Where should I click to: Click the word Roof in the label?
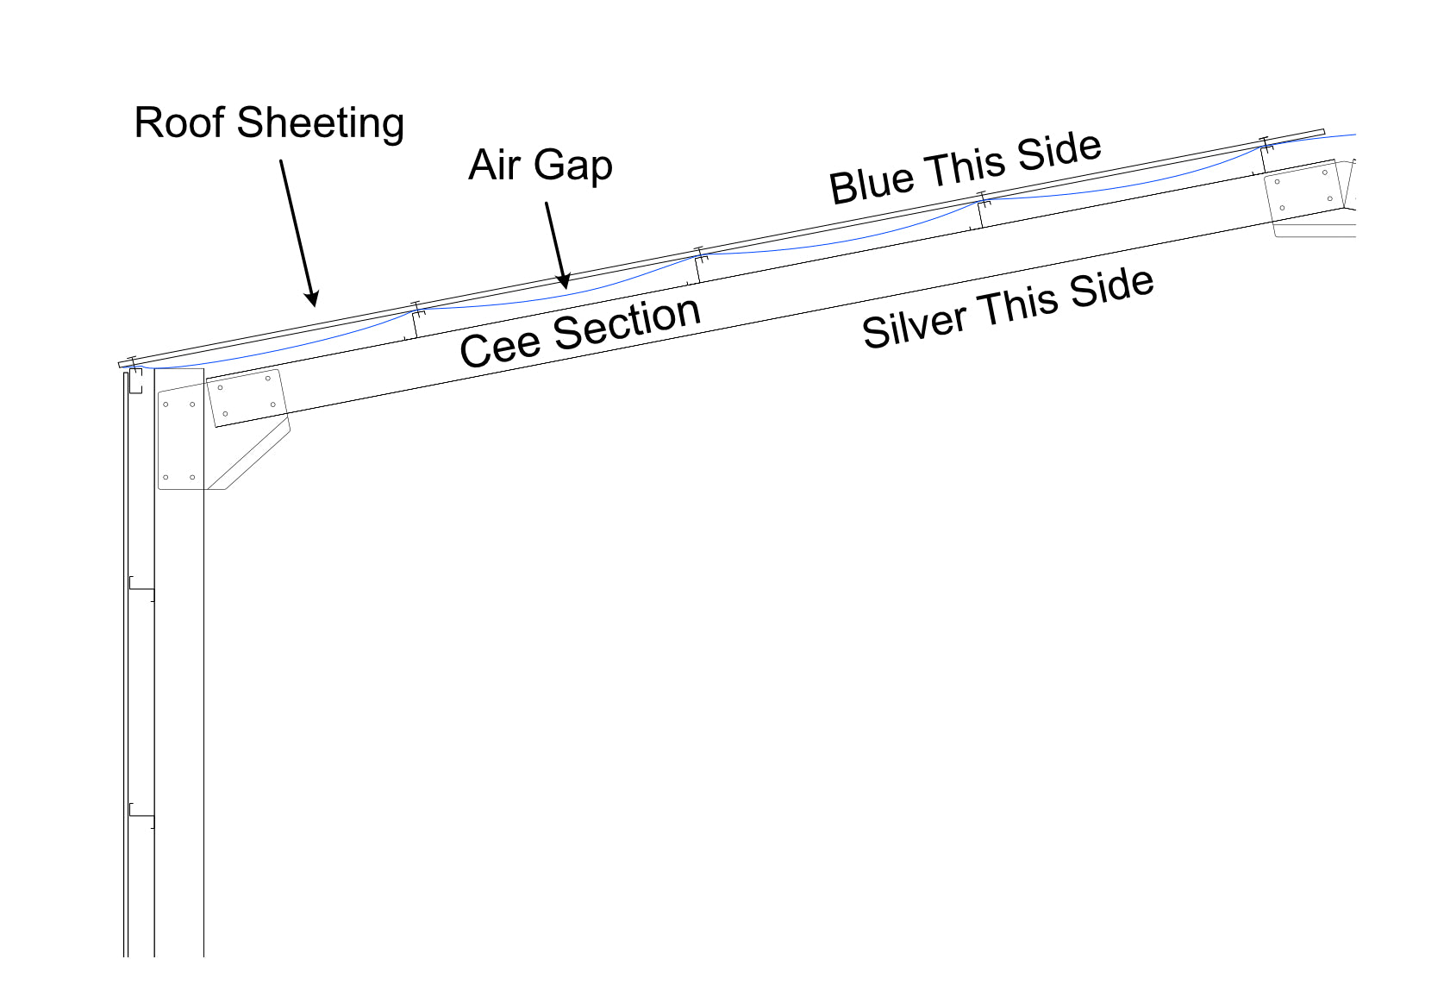point(178,122)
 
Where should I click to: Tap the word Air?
point(495,165)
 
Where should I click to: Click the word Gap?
point(573,166)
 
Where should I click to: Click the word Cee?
point(500,348)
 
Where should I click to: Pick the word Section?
point(627,323)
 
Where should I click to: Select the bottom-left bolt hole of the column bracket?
point(166,477)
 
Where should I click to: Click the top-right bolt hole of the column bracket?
point(192,404)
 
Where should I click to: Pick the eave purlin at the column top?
point(135,379)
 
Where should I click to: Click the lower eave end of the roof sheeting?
point(122,365)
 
